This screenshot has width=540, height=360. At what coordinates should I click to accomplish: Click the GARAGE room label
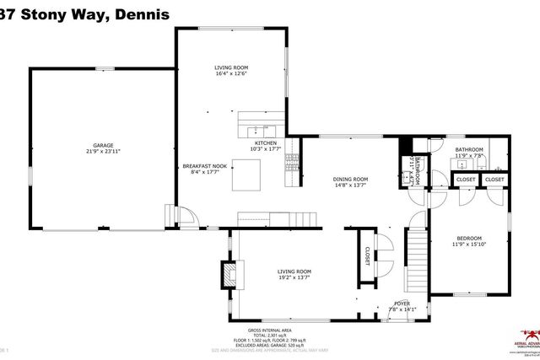point(103,145)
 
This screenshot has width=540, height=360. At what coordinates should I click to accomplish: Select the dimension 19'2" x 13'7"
point(294,277)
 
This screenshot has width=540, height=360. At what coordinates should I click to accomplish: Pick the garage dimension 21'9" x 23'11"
point(103,151)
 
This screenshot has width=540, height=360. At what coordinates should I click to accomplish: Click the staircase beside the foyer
point(418,251)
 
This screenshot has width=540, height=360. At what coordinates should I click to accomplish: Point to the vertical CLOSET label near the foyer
point(368,258)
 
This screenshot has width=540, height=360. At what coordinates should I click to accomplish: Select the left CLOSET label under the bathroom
point(466,180)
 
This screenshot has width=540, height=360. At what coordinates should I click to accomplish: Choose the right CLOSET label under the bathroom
point(494,180)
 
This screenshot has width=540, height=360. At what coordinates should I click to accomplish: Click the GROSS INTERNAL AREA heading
point(270,330)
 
